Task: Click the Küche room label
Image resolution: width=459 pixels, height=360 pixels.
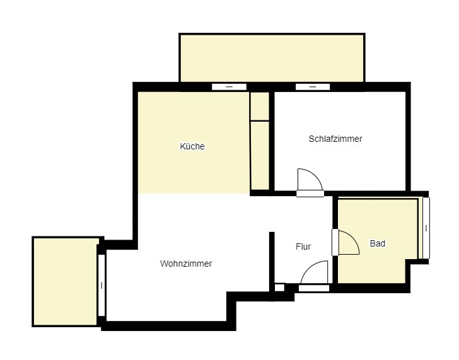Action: pyautogui.click(x=192, y=146)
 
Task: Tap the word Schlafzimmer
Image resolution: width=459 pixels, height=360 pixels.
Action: pyautogui.click(x=335, y=139)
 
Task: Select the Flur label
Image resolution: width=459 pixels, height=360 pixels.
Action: pyautogui.click(x=303, y=247)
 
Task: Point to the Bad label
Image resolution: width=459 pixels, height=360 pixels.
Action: pyautogui.click(x=378, y=243)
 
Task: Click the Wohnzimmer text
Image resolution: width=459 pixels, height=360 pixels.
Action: pyautogui.click(x=186, y=264)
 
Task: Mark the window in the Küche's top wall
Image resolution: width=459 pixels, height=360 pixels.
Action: pyautogui.click(x=228, y=86)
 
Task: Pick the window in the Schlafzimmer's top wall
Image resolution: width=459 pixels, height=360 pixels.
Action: pyautogui.click(x=312, y=86)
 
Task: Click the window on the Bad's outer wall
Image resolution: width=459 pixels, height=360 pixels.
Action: pyautogui.click(x=426, y=228)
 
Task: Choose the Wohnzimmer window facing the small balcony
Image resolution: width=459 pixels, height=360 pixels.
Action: pyautogui.click(x=102, y=285)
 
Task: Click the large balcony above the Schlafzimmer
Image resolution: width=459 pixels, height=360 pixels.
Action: pyautogui.click(x=272, y=57)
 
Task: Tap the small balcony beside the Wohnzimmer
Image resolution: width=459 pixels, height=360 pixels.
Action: pyautogui.click(x=65, y=281)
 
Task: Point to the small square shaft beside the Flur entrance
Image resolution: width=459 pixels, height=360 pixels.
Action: pyautogui.click(x=279, y=287)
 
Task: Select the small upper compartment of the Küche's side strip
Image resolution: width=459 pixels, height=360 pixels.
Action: pyautogui.click(x=259, y=107)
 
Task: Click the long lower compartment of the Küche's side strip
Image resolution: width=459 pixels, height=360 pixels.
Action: pyautogui.click(x=259, y=154)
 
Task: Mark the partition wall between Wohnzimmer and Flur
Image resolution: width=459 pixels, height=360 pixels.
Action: pyautogui.click(x=272, y=258)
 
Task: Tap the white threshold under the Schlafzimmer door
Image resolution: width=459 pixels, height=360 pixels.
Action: pyautogui.click(x=310, y=194)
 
